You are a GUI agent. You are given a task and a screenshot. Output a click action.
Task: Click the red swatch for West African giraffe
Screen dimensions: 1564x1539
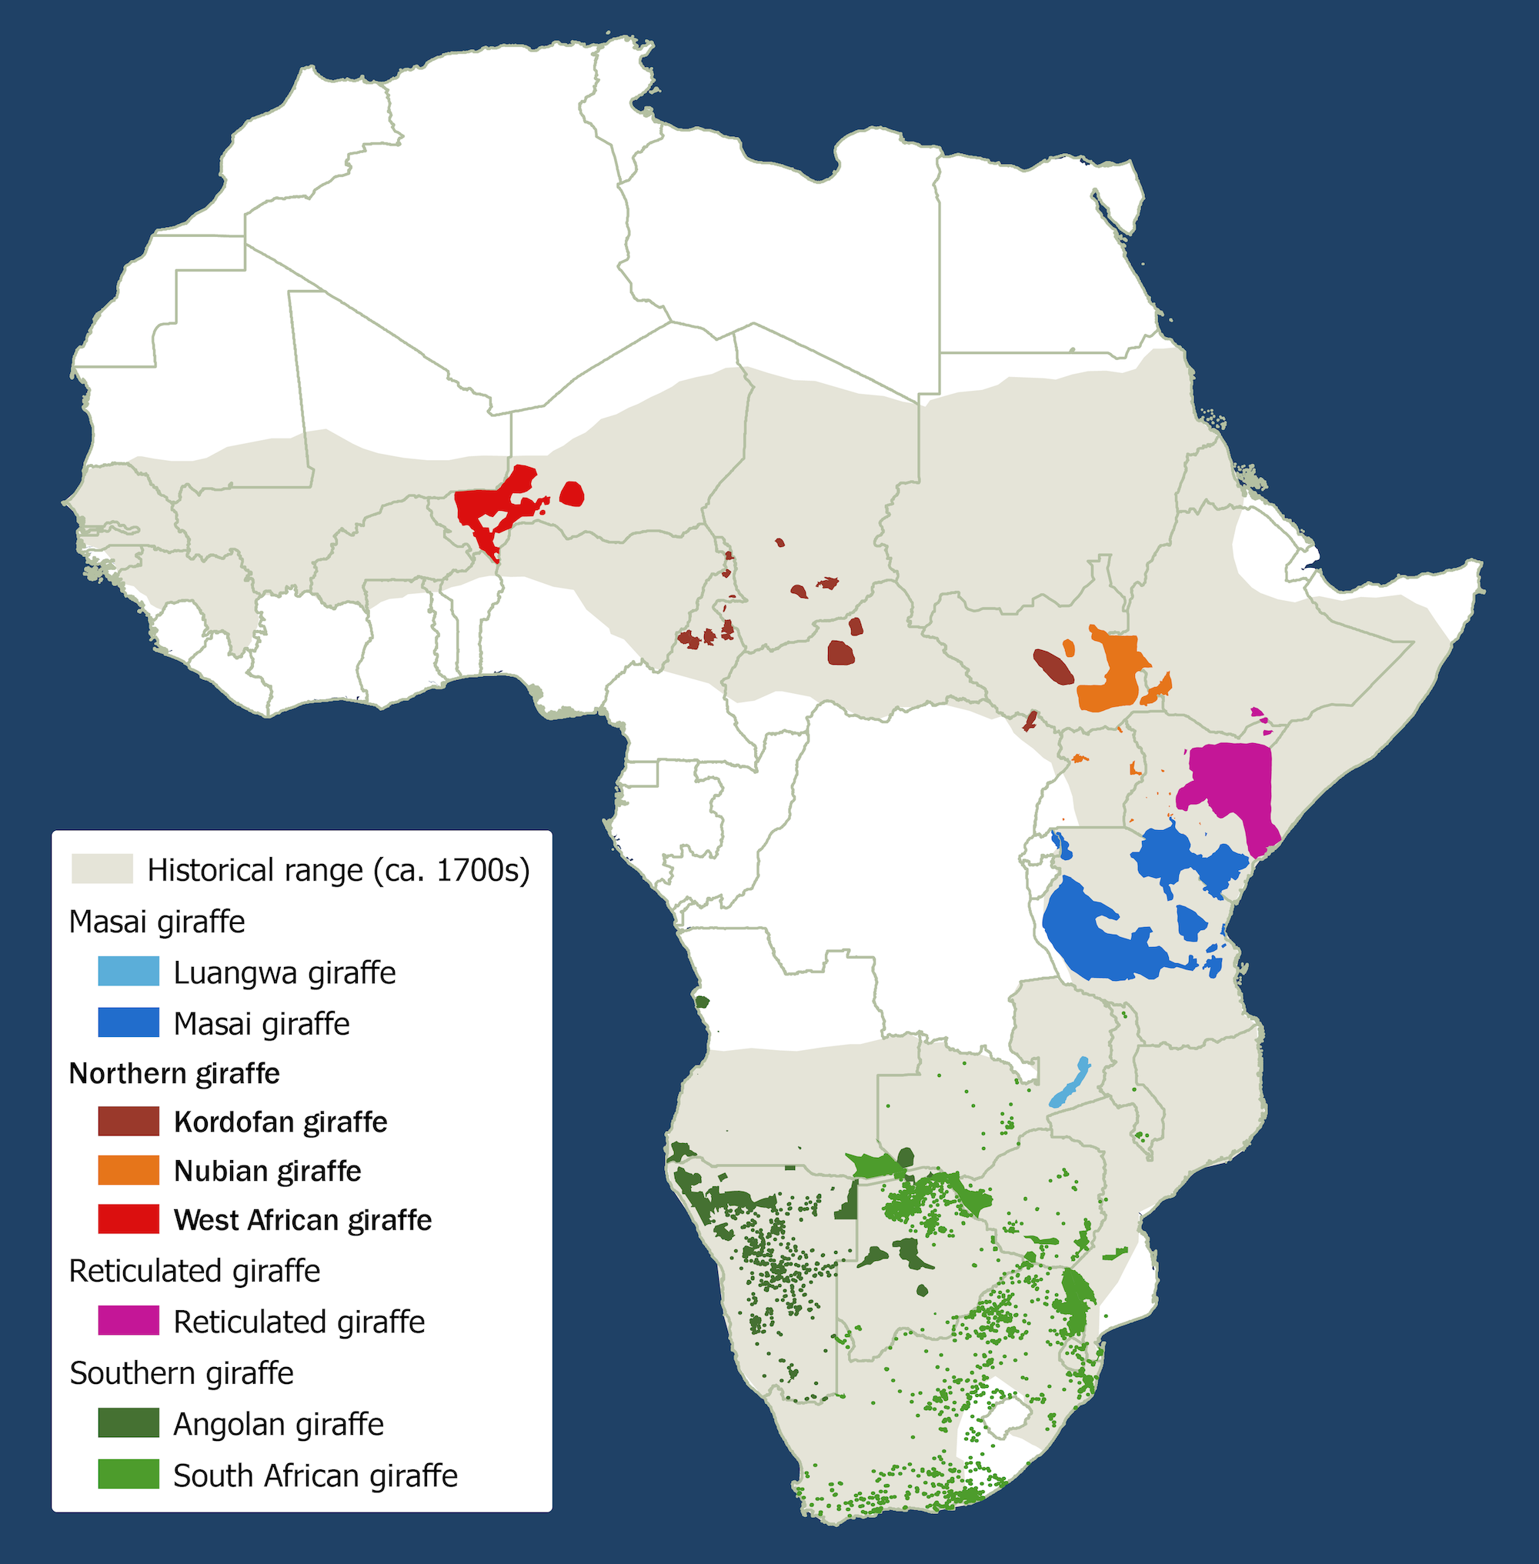tap(129, 1219)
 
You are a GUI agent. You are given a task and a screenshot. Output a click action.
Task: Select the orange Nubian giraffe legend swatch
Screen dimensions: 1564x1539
tap(129, 1170)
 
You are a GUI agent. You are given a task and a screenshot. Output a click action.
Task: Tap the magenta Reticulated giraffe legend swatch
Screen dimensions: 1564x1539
tap(129, 1321)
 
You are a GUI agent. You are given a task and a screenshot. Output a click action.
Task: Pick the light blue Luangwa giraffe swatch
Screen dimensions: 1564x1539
tap(129, 972)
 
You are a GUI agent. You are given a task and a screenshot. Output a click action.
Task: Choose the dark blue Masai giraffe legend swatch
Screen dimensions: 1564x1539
tap(129, 1022)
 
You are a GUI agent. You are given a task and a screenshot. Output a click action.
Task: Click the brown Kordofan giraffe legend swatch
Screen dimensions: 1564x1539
tap(129, 1121)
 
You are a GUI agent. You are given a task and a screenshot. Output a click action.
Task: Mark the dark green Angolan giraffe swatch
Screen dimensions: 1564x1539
tap(129, 1422)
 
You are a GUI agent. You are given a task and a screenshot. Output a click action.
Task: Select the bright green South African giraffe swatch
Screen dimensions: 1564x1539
tap(129, 1474)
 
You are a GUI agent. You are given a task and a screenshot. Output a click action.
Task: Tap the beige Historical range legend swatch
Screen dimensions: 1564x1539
tap(102, 869)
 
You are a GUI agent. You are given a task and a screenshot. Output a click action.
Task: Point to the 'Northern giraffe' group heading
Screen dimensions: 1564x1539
tap(174, 1073)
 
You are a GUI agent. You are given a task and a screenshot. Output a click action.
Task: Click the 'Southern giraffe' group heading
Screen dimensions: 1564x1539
tap(181, 1373)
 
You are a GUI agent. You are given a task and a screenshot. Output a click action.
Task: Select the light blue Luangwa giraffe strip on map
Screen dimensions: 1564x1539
tap(1070, 1083)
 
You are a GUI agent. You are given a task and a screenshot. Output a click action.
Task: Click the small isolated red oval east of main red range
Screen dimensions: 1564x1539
tap(572, 494)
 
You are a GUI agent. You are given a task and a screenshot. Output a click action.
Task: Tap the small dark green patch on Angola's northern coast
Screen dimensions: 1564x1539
tap(702, 1002)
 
